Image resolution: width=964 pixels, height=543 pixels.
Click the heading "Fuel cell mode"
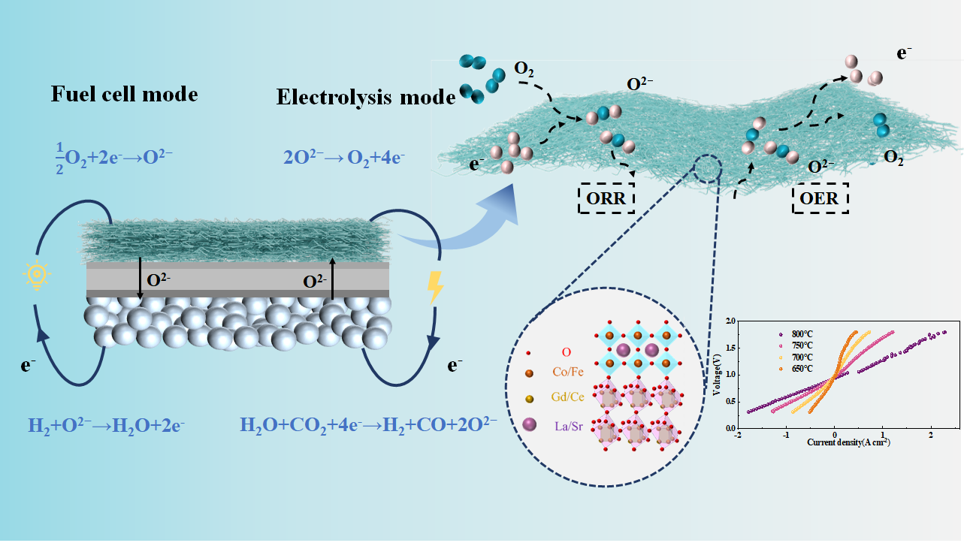tap(124, 95)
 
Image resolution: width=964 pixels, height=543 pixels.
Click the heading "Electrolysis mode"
tap(366, 98)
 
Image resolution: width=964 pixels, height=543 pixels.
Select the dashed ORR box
tap(606, 200)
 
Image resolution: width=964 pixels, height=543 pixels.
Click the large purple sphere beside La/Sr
tap(530, 427)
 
